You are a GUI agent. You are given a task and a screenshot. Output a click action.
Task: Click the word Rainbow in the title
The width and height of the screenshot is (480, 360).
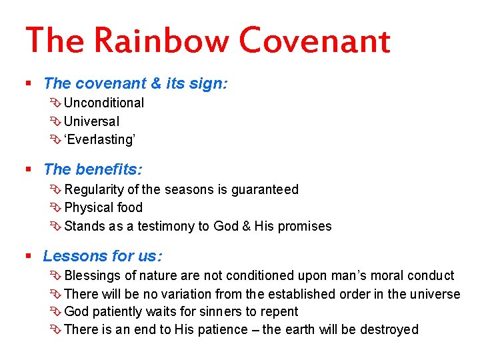point(161,41)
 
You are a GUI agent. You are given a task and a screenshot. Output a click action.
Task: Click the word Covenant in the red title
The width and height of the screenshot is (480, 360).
point(314,41)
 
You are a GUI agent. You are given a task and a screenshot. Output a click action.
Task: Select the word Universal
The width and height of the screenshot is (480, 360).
point(92,121)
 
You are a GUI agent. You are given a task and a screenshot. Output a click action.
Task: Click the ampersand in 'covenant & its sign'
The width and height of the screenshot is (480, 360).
point(156,83)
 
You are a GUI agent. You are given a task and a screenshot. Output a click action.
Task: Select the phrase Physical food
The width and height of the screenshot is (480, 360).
point(103,207)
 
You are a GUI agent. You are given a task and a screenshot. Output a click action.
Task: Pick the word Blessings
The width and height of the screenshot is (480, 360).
point(93,275)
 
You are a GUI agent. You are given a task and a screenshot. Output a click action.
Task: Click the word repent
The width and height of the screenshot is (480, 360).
point(280,312)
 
